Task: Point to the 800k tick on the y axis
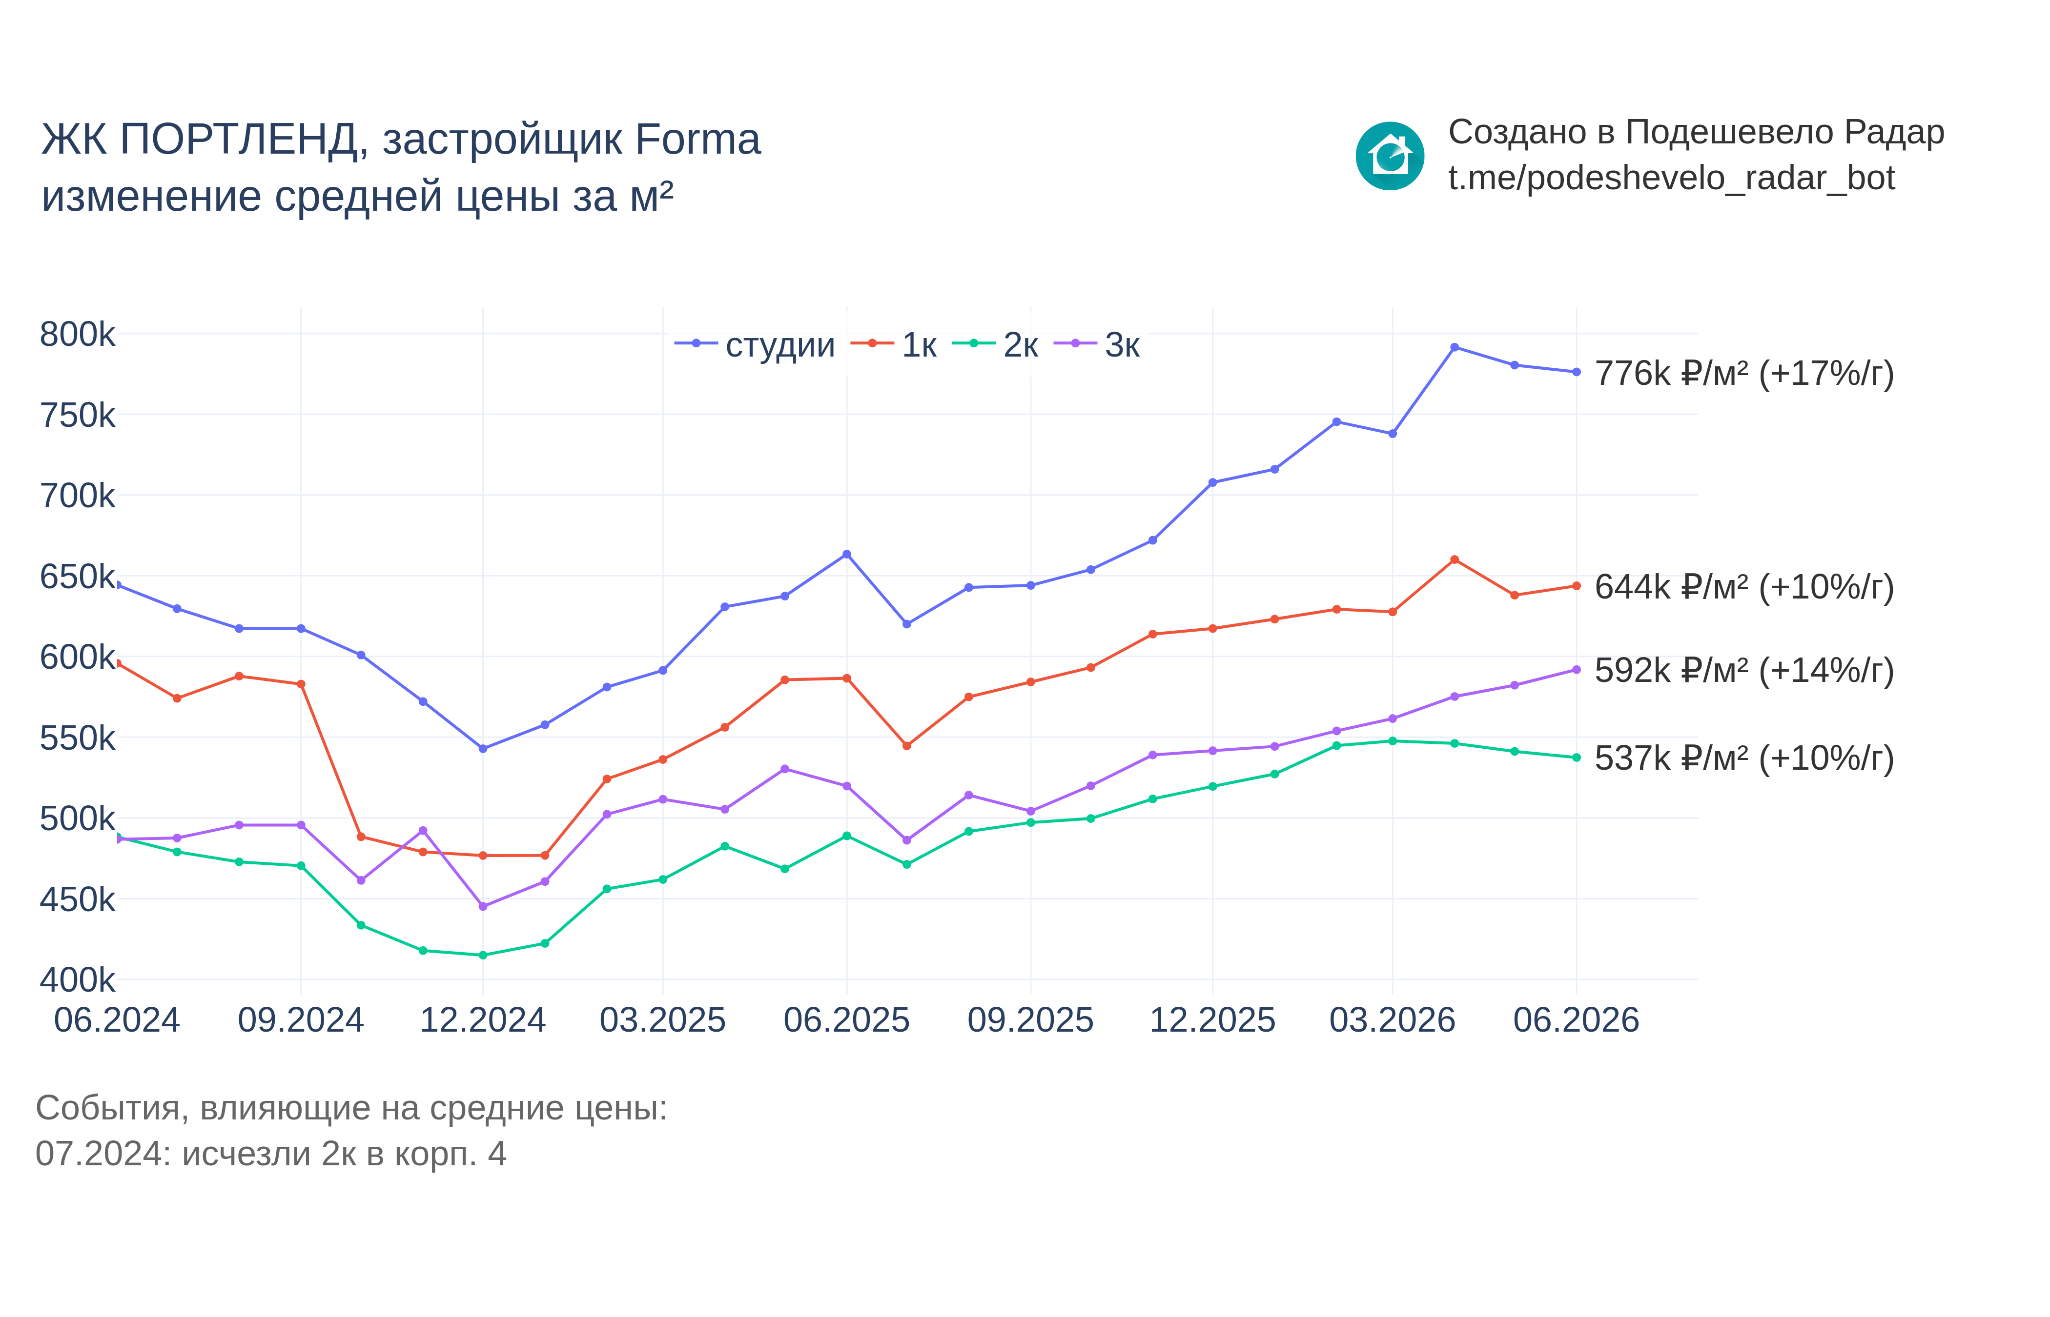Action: tap(77, 335)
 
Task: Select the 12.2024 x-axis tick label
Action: tap(483, 1020)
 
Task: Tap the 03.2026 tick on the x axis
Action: tap(1392, 1020)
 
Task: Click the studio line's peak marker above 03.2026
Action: tap(1455, 347)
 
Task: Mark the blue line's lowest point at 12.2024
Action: tap(483, 748)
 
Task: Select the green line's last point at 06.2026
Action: tap(1576, 758)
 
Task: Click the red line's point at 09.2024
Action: tap(301, 684)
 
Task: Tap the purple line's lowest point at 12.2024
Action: tap(483, 906)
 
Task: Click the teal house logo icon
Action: tap(1390, 156)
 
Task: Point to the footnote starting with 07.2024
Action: tap(270, 1154)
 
